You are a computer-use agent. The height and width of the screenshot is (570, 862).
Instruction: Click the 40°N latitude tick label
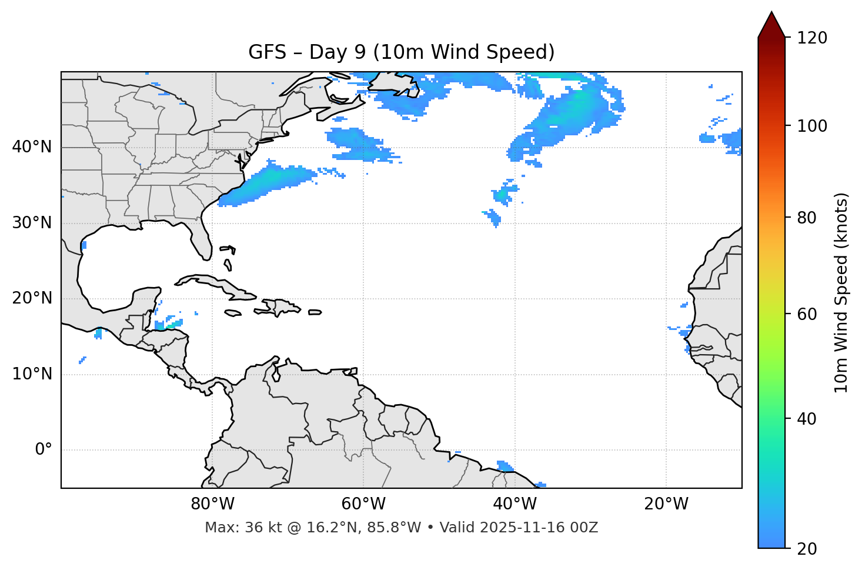click(x=32, y=147)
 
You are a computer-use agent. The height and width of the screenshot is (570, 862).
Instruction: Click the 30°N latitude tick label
click(x=32, y=223)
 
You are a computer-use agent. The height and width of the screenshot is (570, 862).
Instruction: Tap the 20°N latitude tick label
click(x=32, y=298)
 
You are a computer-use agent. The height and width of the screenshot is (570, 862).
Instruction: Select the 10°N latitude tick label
click(x=32, y=374)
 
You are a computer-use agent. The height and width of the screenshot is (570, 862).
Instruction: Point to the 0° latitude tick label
click(x=44, y=450)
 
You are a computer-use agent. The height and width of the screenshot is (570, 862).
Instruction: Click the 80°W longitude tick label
click(x=212, y=504)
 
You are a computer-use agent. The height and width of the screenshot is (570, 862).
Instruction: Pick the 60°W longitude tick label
click(x=363, y=504)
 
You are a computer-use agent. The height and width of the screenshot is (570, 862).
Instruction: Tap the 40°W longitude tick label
click(x=514, y=504)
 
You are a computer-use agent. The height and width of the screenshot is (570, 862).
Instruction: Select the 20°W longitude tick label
click(x=666, y=504)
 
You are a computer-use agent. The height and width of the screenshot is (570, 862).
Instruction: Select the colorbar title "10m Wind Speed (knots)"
click(x=841, y=292)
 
